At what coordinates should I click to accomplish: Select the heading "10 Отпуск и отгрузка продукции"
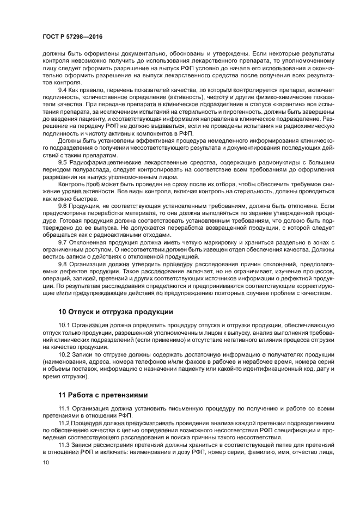pos(115,312)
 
